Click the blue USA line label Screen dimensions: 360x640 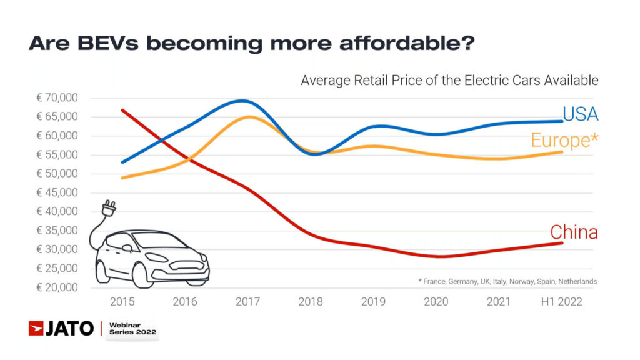(580, 114)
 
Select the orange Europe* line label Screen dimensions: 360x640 (564, 140)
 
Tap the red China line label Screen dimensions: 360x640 (574, 232)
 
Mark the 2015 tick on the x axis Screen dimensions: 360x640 (122, 302)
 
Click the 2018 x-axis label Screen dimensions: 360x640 (311, 302)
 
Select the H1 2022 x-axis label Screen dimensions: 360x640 (561, 302)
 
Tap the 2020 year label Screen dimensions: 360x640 (436, 302)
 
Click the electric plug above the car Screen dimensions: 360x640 (110, 207)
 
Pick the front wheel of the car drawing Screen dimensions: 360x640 (142, 275)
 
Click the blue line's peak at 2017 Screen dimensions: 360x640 (244, 101)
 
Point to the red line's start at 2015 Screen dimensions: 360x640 (122, 110)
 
